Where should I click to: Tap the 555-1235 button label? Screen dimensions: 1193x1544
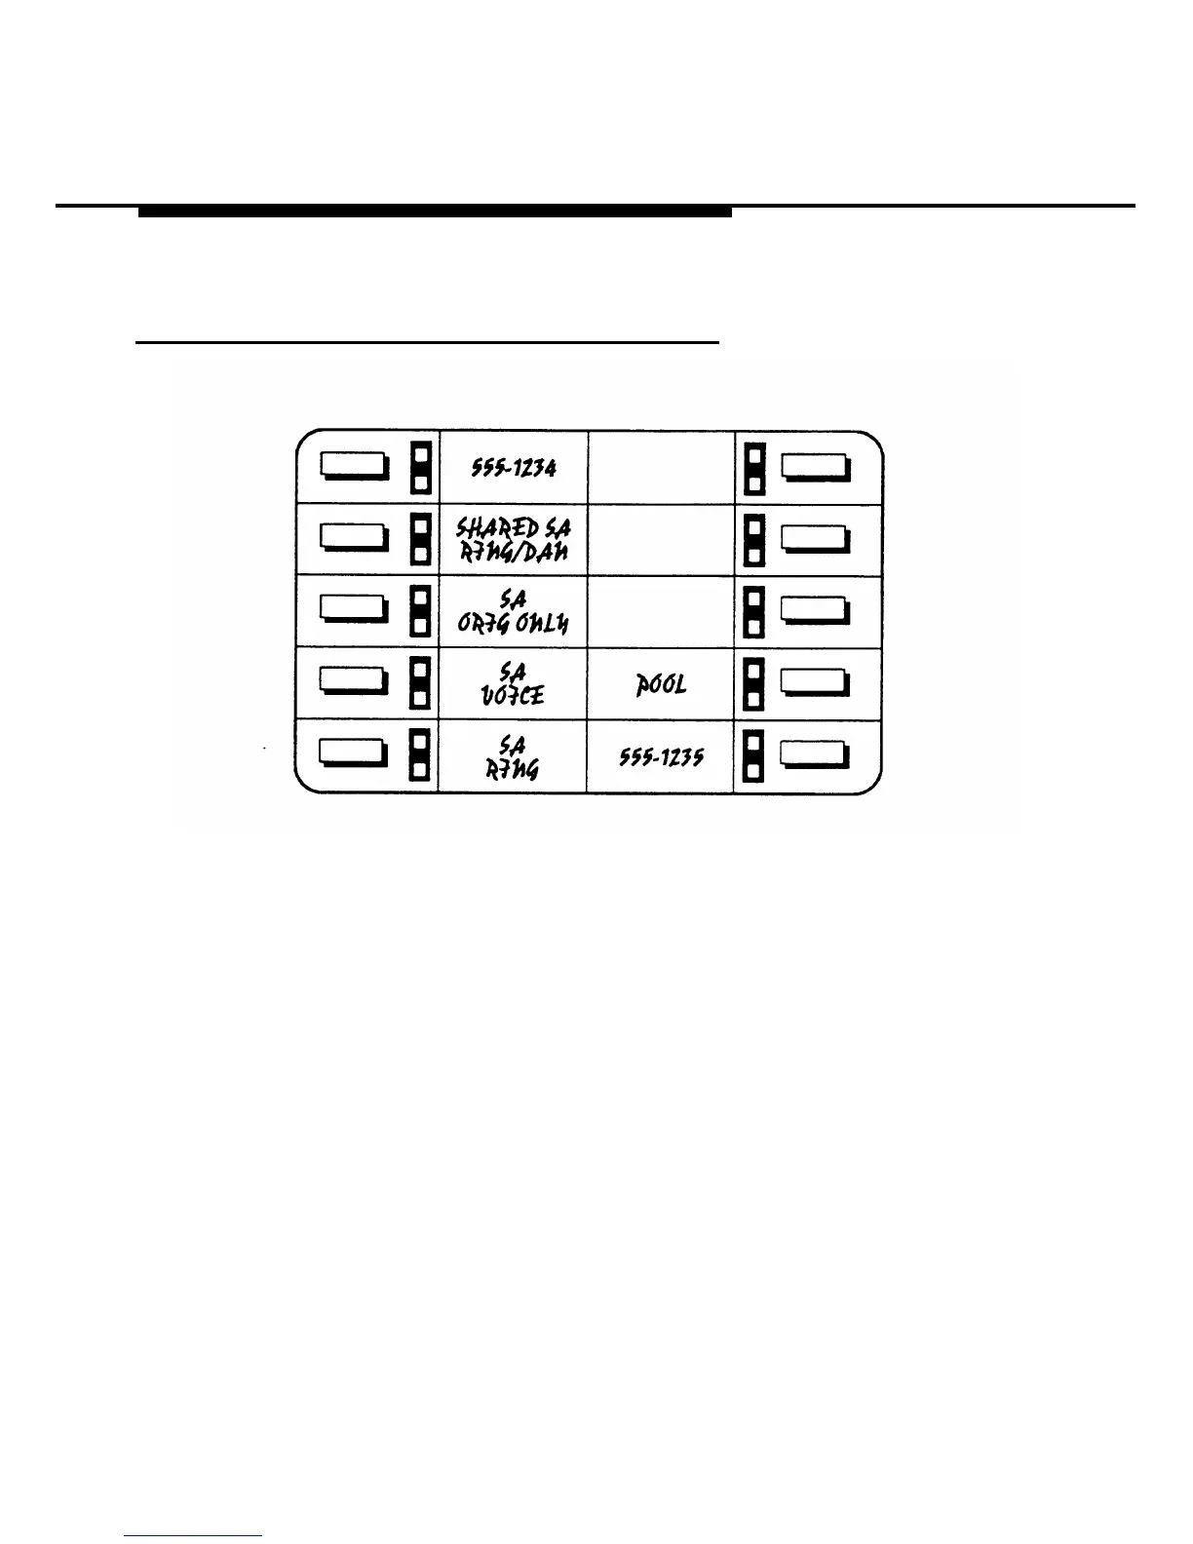660,758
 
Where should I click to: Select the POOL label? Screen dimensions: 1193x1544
660,684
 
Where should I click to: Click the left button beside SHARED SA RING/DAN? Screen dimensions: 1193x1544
353,540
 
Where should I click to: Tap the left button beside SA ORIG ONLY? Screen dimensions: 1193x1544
353,612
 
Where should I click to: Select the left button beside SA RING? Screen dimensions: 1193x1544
353,756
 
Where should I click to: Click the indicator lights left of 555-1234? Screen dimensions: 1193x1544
420,468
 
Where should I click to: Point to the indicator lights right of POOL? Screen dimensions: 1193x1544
753,684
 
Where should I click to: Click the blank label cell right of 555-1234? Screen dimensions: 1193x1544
660,468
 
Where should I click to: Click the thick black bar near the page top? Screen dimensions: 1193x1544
435,211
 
